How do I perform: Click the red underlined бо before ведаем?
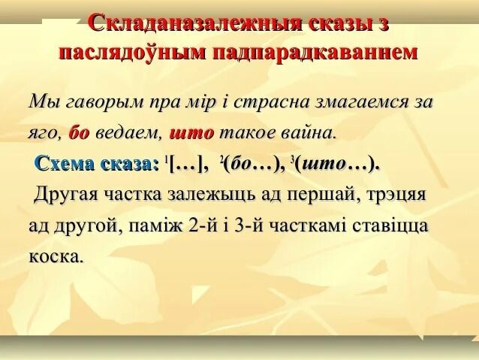point(79,132)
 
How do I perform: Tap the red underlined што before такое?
point(192,132)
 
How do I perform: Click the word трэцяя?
point(394,195)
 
